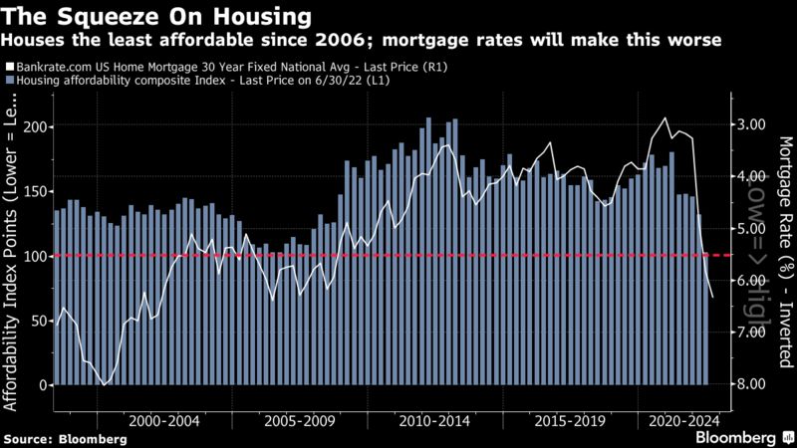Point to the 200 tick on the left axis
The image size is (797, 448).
(x=33, y=127)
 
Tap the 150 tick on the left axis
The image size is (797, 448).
(x=33, y=192)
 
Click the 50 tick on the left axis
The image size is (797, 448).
(x=37, y=321)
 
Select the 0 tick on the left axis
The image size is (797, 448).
(x=41, y=385)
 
